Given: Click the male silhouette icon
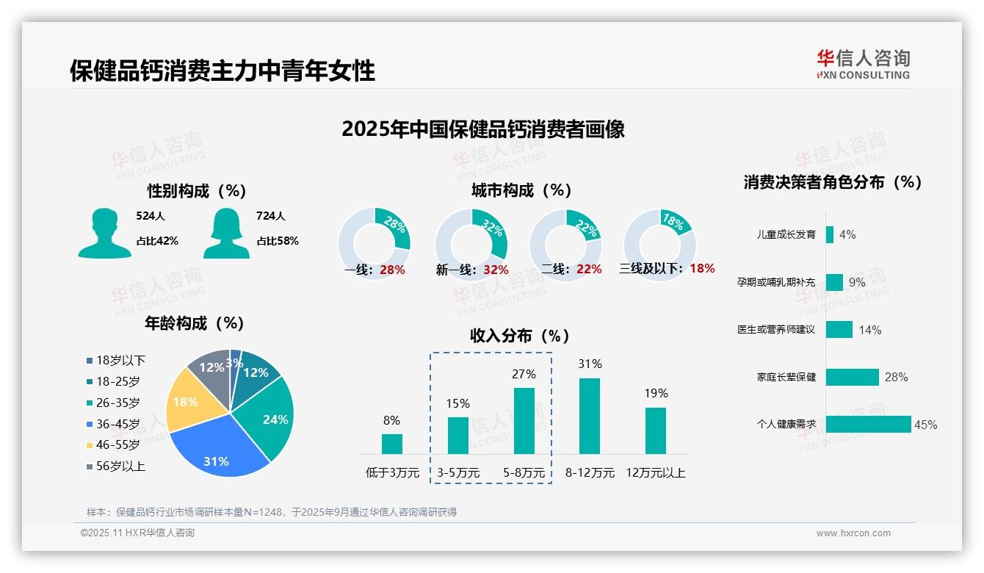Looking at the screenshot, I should (104, 233).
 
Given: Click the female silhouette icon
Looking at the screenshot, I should (226, 233).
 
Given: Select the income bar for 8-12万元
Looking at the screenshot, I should (590, 416).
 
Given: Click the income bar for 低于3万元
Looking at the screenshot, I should (392, 444).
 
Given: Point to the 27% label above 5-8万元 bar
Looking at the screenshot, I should (524, 374).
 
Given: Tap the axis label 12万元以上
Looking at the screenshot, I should (655, 473).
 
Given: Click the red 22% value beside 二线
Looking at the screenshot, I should (589, 270).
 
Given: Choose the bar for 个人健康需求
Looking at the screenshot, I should (867, 425).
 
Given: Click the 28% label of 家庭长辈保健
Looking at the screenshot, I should (896, 377).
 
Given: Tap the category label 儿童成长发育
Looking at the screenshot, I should (786, 235).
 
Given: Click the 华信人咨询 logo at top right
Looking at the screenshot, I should (863, 64).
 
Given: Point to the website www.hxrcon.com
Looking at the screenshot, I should (853, 533).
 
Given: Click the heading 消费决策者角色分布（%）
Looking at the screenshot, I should (832, 182).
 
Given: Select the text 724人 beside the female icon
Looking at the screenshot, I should (271, 216).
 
